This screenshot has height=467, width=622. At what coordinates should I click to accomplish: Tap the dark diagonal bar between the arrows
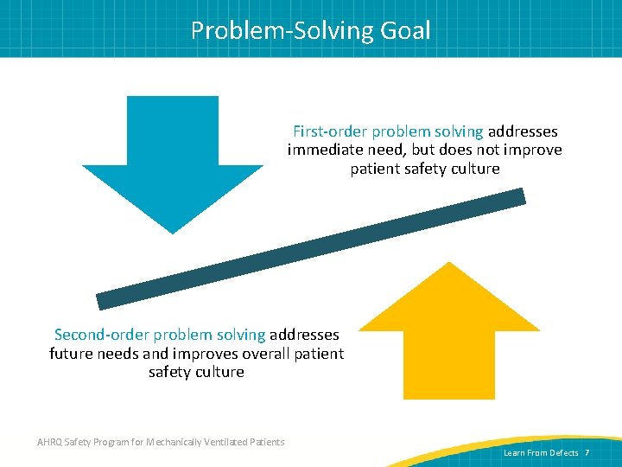311,249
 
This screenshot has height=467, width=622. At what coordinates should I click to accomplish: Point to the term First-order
330,131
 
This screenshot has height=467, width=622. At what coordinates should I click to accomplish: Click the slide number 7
587,453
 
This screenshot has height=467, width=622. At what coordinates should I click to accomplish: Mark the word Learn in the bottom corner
514,453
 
